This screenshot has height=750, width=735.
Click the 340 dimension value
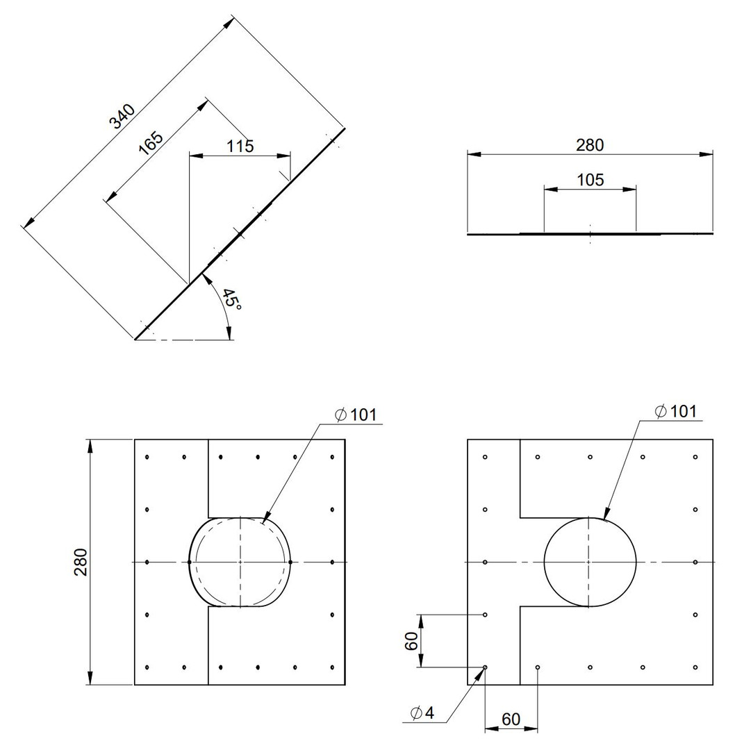click(122, 117)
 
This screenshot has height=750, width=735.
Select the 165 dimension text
click(151, 143)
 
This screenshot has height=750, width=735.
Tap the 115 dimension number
click(240, 146)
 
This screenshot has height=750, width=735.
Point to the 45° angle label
click(232, 299)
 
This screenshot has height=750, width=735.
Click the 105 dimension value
click(590, 180)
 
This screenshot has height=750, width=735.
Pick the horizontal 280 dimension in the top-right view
click(590, 145)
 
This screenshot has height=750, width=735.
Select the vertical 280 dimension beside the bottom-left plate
click(81, 562)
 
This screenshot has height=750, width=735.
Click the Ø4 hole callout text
click(422, 713)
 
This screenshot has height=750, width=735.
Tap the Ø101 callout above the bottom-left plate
click(356, 415)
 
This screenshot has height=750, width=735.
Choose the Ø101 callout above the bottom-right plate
click(676, 411)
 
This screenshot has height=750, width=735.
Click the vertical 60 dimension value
click(411, 640)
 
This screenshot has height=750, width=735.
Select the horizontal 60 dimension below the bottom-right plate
click(511, 719)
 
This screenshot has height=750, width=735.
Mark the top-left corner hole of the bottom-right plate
click(485, 457)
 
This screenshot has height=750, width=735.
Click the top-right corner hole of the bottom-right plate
click(695, 457)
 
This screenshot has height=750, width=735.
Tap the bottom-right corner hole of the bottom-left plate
click(332, 667)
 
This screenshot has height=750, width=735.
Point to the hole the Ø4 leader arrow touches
click(485, 667)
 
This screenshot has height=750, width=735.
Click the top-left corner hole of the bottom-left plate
click(147, 457)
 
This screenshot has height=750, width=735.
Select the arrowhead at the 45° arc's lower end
click(229, 333)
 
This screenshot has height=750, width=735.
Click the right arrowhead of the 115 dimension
click(283, 156)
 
